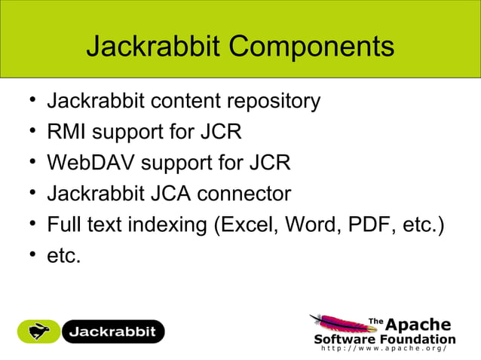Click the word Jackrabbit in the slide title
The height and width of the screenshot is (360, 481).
click(152, 47)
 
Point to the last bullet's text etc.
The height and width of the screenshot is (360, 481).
click(63, 256)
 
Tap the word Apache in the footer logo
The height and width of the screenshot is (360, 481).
click(418, 325)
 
